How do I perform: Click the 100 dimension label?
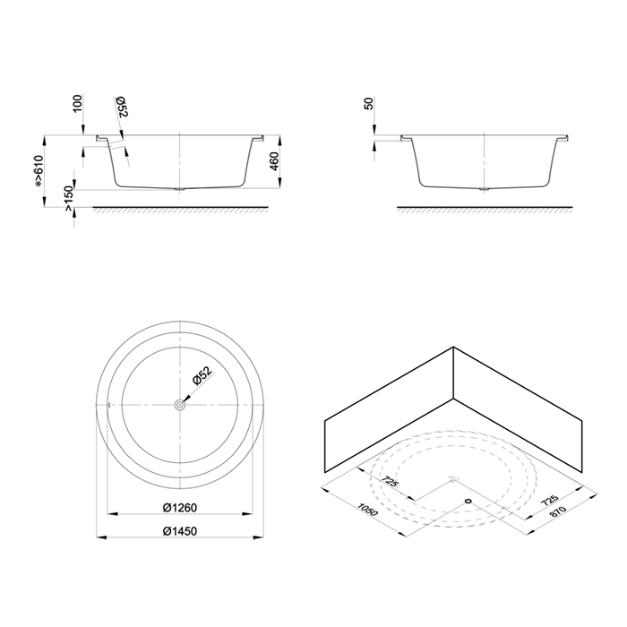point(78,105)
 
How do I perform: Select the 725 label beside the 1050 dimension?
point(391,485)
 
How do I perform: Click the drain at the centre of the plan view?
point(180,405)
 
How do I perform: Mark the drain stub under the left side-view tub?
point(182,190)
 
